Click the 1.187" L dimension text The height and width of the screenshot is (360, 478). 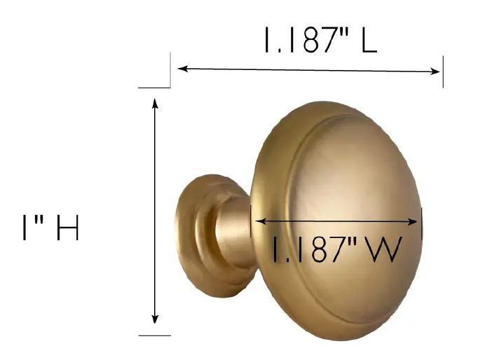[x=320, y=41]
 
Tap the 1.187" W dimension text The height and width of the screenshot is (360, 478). [x=336, y=249]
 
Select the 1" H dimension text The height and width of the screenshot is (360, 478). [x=50, y=228]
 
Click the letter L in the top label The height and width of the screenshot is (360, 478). [x=369, y=41]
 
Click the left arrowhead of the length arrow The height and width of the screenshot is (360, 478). [x=182, y=69]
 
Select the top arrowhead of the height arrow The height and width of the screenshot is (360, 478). [x=156, y=103]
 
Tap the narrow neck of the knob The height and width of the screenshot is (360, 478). [x=231, y=235]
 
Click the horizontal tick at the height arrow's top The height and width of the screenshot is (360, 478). [x=154, y=88]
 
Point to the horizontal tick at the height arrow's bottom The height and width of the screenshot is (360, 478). [x=154, y=335]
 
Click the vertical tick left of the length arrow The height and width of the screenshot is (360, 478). [x=170, y=71]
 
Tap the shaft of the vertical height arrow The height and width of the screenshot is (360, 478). [x=156, y=210]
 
